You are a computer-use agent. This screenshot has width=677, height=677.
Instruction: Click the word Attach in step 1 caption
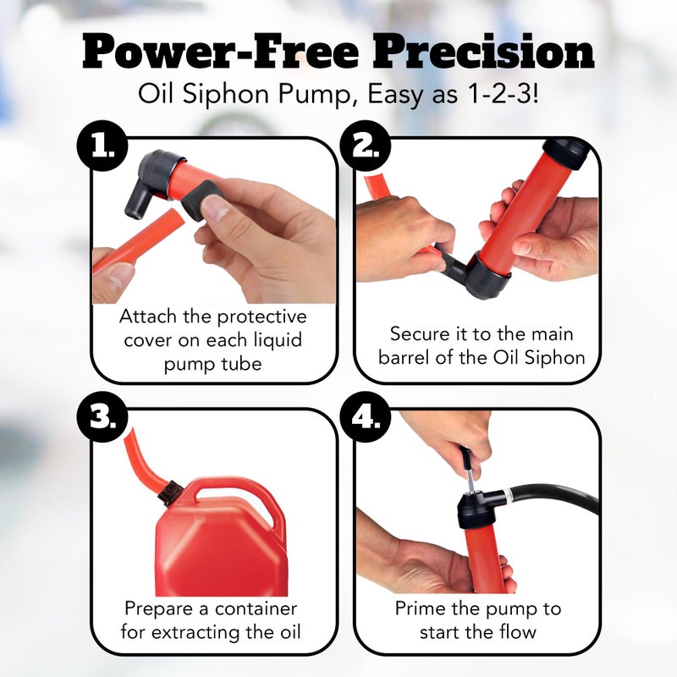click(151, 317)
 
